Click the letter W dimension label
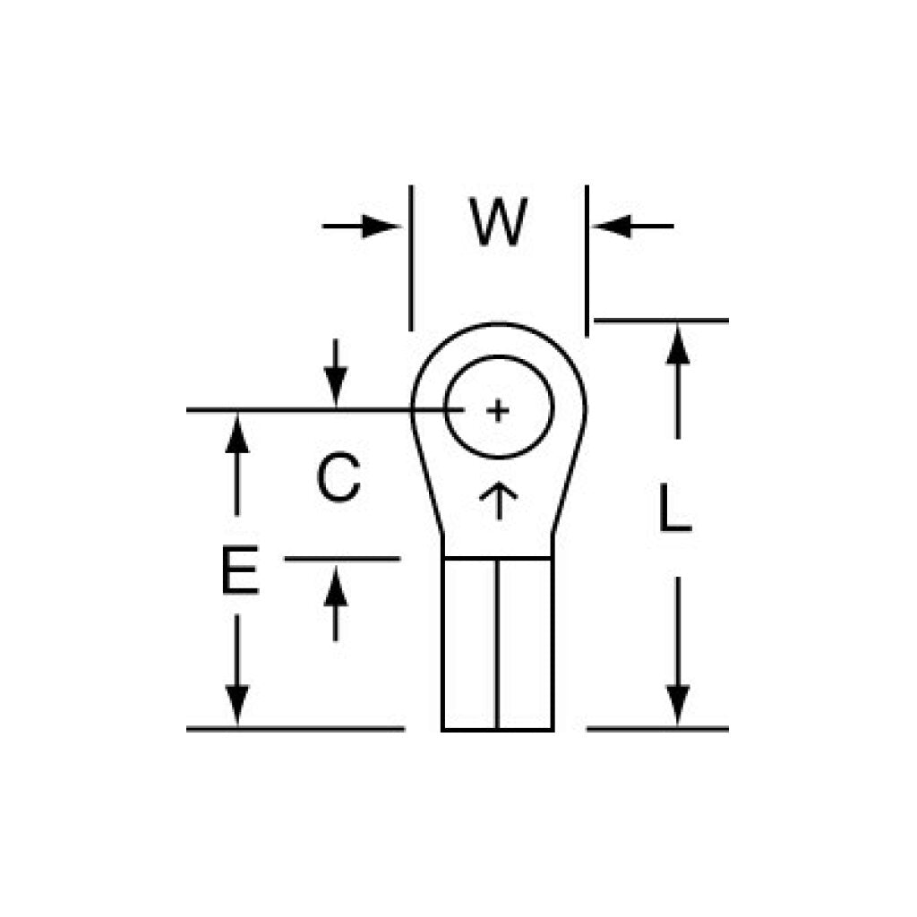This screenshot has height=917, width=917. pos(498,222)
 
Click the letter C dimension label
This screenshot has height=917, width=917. pos(338,478)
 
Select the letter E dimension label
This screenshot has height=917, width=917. pos(240,570)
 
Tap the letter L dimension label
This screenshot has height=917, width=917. pos(675,509)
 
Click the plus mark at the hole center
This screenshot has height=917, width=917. pos(498,411)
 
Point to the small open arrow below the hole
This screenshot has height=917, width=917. pos(498,501)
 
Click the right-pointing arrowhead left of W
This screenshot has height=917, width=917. pos(380,227)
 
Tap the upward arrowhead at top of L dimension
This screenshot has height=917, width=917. pos(678,345)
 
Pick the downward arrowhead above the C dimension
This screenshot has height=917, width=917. pos(336,386)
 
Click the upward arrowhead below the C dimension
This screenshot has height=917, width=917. pos(336,586)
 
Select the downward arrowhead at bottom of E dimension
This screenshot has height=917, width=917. pos(236,706)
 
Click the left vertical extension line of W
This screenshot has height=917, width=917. pos(411,258)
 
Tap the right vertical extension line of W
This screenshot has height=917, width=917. pos(587,261)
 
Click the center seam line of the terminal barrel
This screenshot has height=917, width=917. pos(497,644)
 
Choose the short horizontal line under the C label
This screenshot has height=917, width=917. pos(342,559)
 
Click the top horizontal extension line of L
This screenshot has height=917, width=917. pos(662,321)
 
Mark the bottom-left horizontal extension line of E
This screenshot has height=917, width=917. pos(296,729)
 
